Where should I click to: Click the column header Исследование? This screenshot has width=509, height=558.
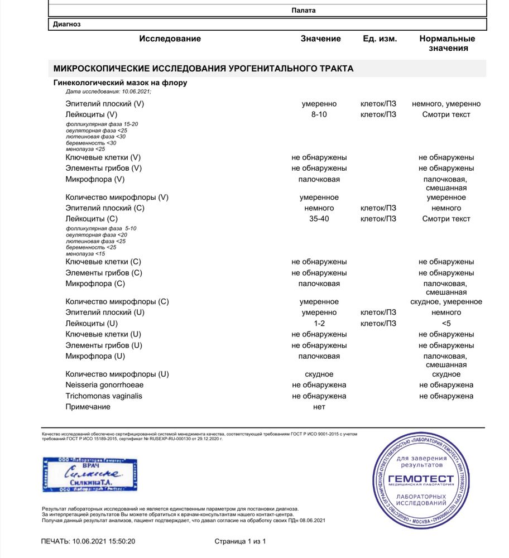[x=170, y=39]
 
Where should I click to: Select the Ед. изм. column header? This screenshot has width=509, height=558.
[x=380, y=39]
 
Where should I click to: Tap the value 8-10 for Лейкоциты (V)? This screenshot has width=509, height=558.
[x=319, y=114]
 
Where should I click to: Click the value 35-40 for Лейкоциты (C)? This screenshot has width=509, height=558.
[x=319, y=219]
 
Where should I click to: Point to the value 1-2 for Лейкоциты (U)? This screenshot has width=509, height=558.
[x=319, y=323]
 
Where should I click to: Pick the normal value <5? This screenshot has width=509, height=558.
[x=446, y=323]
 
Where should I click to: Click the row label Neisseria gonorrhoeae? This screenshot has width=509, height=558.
[x=104, y=385]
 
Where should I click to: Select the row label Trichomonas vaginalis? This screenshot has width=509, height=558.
[x=104, y=396]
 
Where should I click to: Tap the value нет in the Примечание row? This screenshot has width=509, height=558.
[x=319, y=407]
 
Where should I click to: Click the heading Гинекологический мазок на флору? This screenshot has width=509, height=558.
[x=120, y=83]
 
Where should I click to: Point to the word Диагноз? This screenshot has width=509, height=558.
[x=67, y=25]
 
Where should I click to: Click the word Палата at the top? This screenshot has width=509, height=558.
[x=304, y=10]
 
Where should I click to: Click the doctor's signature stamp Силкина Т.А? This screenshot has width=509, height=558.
[x=89, y=475]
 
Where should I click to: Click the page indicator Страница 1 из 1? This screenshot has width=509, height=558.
[x=240, y=541]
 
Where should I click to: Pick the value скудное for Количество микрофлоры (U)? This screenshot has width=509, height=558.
[x=319, y=374]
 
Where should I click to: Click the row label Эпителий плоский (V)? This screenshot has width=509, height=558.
[x=105, y=104]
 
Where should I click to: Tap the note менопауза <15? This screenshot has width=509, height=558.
[x=85, y=253]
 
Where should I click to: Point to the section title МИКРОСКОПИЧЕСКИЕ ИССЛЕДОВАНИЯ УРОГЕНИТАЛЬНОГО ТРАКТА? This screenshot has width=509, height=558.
[x=203, y=69]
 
